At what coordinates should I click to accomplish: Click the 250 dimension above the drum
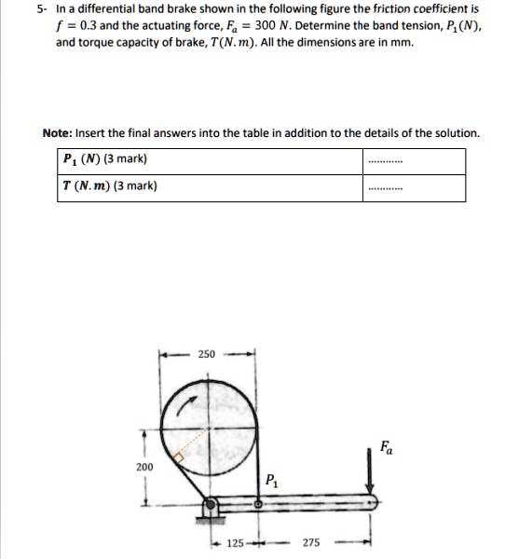click(206, 355)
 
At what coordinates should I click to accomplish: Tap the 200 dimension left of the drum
click(144, 466)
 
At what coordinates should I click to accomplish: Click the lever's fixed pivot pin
click(211, 504)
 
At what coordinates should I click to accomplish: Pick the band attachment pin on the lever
click(256, 504)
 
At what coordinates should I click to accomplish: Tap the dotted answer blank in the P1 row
click(385, 160)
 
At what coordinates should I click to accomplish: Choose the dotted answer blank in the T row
click(385, 187)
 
